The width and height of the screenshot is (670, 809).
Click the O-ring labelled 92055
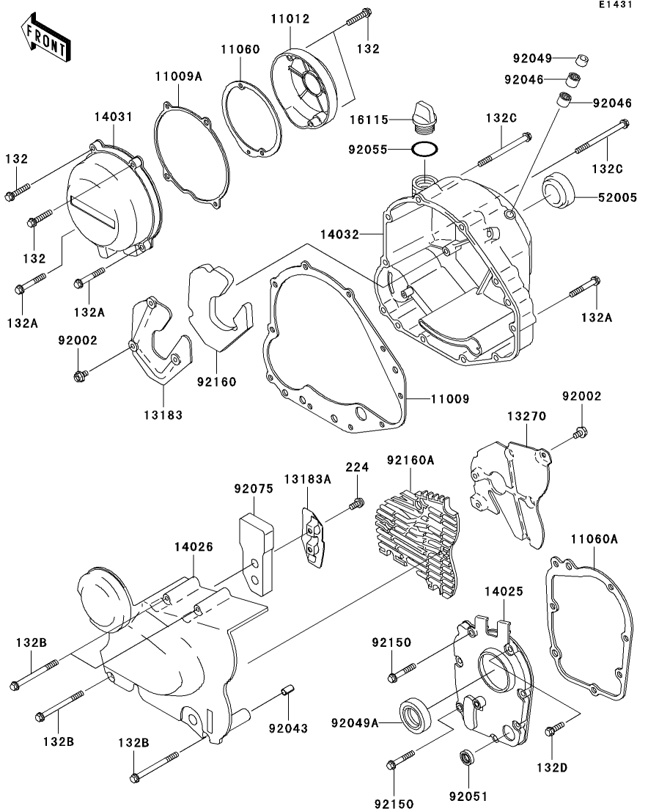point(425,150)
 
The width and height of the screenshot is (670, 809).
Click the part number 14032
point(339,235)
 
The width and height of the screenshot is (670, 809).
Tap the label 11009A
point(177,75)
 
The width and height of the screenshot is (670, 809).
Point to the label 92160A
point(411,460)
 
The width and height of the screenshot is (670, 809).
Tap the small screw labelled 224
point(356,504)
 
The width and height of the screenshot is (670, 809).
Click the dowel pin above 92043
point(288,691)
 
